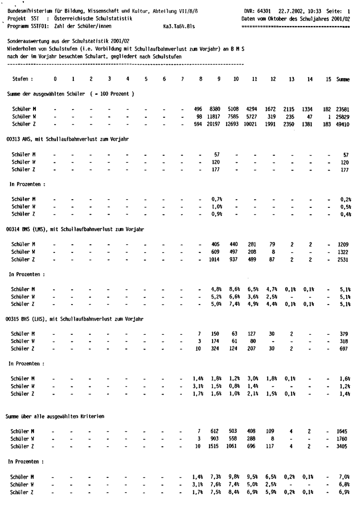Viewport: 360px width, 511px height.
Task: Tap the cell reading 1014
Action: click(x=218, y=259)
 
